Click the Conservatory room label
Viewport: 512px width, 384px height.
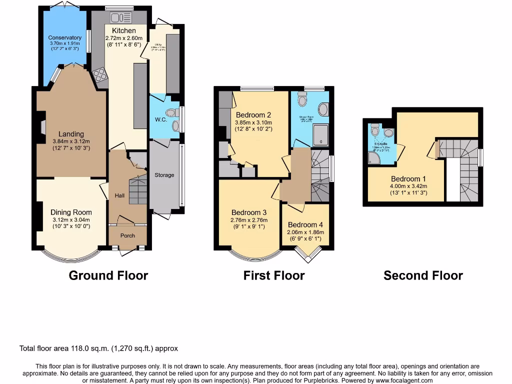click(x=64, y=37)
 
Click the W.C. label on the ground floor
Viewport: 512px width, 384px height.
click(x=160, y=119)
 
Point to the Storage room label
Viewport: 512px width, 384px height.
click(x=164, y=175)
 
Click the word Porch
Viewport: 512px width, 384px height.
click(x=127, y=235)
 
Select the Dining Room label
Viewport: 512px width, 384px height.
click(x=71, y=212)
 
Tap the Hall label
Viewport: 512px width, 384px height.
click(x=119, y=195)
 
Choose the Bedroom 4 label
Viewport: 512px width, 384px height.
click(x=305, y=225)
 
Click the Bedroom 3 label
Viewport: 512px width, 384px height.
click(x=249, y=212)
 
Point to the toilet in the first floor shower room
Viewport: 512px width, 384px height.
click(x=302, y=99)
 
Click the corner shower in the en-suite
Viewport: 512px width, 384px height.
click(x=374, y=158)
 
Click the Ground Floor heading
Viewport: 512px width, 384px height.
click(x=108, y=275)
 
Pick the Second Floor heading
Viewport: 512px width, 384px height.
click(x=423, y=275)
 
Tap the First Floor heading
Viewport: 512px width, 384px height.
click(x=274, y=275)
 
